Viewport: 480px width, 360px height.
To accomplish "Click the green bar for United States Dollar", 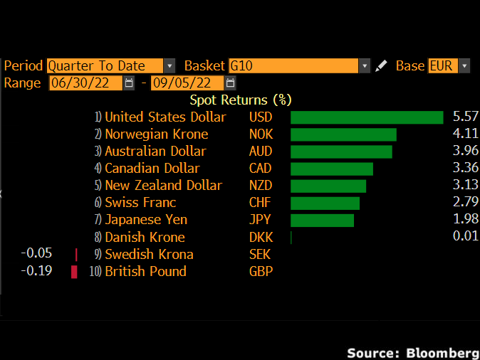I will coord(367,117).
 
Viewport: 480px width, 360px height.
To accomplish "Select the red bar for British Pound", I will coord(73,272).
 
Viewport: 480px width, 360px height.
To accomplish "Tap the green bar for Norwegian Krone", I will coord(343,134).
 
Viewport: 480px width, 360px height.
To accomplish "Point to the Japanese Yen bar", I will coord(322,220).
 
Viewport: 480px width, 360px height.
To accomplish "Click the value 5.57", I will coord(465,117).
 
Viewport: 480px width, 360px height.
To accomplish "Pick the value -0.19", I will coord(36,272).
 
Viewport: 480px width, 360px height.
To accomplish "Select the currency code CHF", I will coord(260,203).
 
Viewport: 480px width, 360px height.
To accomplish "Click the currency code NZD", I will coord(261,186).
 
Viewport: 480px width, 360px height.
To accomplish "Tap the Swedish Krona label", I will coord(149,255).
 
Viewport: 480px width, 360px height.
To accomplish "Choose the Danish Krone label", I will coord(145,238).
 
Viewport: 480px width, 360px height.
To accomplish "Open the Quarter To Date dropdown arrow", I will coord(169,66).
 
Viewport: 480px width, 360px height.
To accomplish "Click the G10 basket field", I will coord(293,66).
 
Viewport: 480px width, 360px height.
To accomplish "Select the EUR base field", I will coord(442,66).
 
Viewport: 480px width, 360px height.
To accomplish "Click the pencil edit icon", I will coord(382,66).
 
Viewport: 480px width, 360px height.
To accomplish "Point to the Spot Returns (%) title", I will coord(240,100).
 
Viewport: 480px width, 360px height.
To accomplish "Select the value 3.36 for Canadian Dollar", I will coord(465,169).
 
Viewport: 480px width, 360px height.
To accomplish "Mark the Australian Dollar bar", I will coord(341,152).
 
